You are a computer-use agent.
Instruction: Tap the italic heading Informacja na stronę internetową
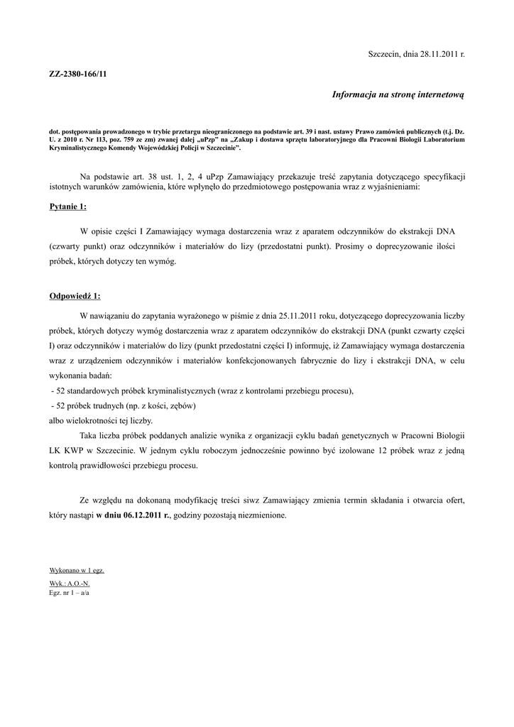[x=398, y=94]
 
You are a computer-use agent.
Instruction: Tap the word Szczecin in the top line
[x=385, y=54]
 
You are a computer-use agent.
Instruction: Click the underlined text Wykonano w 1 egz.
[x=77, y=570]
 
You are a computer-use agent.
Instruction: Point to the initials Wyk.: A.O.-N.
[x=70, y=583]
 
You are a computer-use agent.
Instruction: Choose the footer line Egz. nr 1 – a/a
[x=69, y=591]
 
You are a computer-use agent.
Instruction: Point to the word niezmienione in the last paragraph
[x=260, y=515]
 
